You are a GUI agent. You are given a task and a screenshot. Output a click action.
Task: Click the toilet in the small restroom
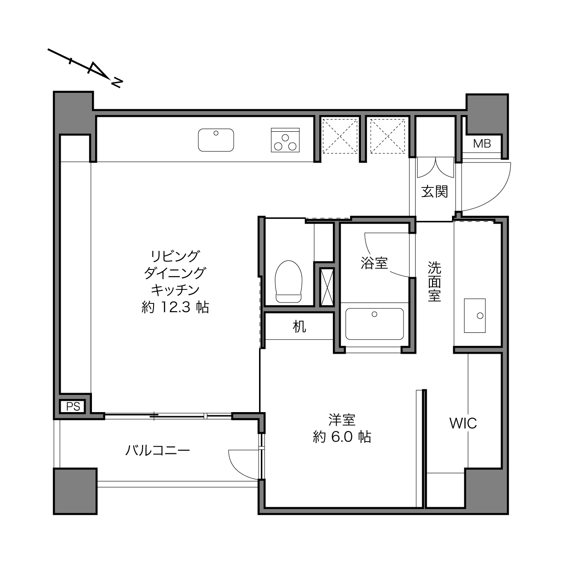[288, 282]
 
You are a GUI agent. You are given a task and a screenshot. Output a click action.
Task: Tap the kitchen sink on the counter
[216, 140]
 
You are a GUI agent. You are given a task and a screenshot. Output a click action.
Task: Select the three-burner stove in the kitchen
[285, 140]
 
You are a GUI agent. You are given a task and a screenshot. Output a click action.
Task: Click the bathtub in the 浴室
[374, 324]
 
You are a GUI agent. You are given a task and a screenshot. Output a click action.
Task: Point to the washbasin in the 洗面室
[475, 316]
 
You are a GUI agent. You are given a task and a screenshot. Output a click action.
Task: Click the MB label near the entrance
[482, 144]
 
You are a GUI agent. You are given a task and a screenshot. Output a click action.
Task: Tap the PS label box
[73, 407]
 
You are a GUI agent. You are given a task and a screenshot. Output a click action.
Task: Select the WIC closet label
[463, 423]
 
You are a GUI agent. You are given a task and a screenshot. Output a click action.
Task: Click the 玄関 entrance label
[434, 192]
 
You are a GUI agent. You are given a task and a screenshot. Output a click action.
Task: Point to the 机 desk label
[299, 327]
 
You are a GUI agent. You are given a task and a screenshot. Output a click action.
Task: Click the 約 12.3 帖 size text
[175, 308]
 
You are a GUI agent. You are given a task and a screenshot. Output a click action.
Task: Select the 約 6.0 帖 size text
[342, 437]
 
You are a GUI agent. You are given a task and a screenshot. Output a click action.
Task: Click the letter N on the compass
[116, 83]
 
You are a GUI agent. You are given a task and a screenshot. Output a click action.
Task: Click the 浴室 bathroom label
[374, 263]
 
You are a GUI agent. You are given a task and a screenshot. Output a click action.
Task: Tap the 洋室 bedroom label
[342, 420]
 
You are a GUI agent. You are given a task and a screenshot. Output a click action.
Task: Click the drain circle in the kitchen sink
[216, 133]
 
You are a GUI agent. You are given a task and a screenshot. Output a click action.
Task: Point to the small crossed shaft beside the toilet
[327, 287]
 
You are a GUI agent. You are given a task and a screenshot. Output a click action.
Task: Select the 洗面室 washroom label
[434, 282]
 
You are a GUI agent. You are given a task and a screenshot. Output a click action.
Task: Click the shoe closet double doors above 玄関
[436, 168]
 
